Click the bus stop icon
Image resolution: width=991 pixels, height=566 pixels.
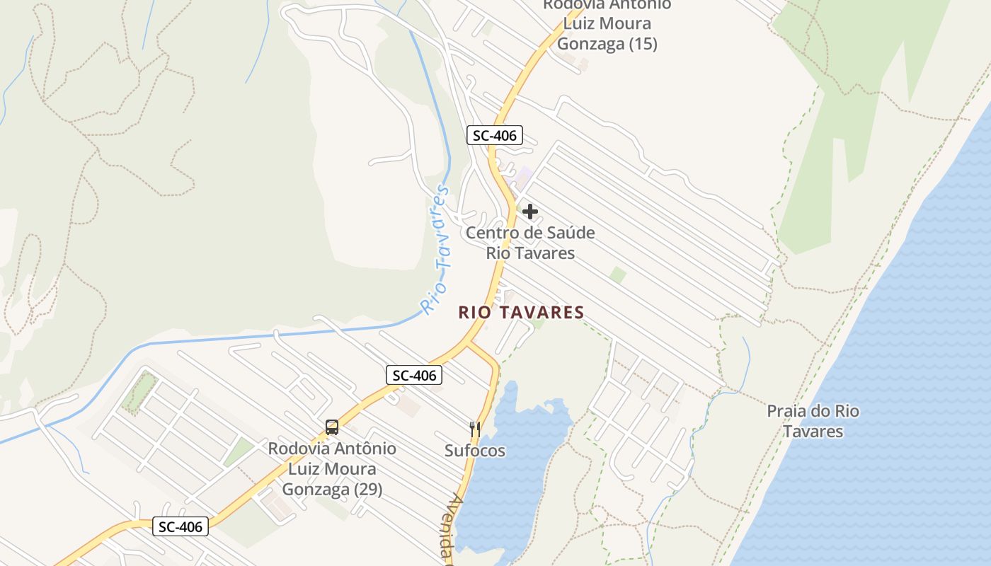(332, 427)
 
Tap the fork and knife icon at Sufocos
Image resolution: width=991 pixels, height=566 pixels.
(475, 429)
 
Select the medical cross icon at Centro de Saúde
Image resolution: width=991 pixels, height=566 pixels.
(530, 211)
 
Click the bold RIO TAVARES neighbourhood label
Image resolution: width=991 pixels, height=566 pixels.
(521, 312)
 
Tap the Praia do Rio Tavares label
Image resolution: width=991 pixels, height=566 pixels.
(813, 421)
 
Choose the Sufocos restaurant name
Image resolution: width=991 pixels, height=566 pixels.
(475, 451)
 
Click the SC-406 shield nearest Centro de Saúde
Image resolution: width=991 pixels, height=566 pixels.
(494, 134)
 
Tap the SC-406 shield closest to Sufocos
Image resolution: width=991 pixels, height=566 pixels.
(414, 375)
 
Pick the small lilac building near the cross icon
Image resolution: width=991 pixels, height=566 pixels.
(524, 173)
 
